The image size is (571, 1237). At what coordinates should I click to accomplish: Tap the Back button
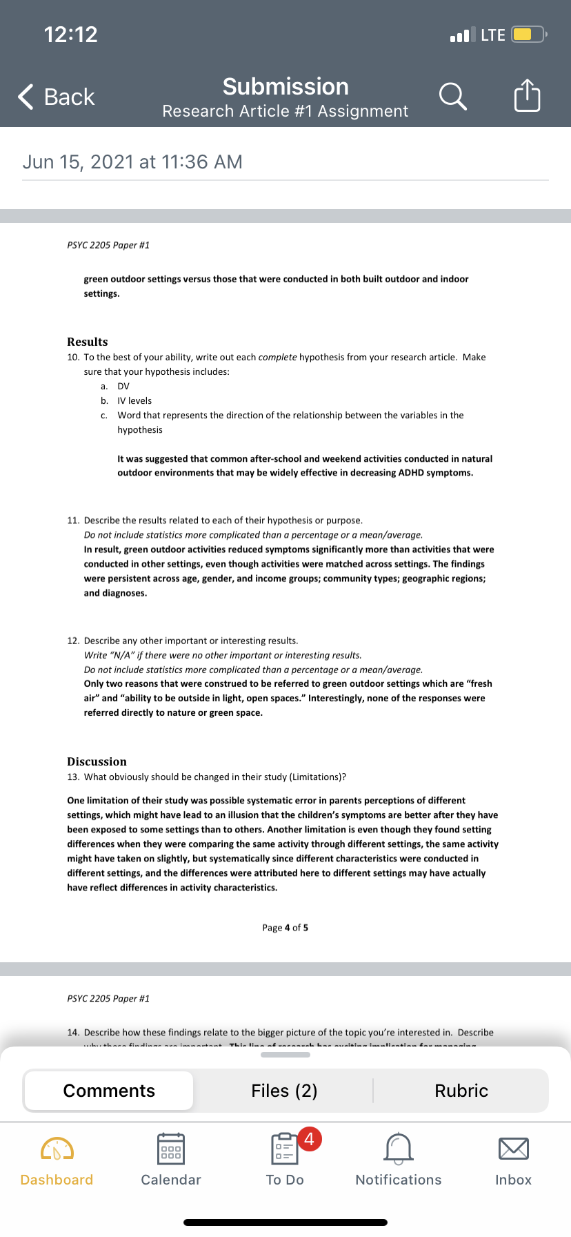[x=57, y=97]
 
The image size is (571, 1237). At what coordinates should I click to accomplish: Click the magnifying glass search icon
[x=452, y=96]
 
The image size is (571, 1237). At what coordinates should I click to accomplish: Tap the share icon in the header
[x=527, y=95]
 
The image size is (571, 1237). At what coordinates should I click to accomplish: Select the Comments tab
[x=109, y=1091]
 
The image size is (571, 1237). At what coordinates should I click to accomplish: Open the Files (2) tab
[x=284, y=1091]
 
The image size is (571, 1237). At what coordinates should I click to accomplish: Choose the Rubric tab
[x=461, y=1091]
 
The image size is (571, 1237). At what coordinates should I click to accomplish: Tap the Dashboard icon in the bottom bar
[x=57, y=1149]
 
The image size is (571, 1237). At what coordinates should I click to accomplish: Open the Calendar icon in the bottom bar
[x=171, y=1149]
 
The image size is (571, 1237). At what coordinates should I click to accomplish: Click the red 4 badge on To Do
[x=309, y=1138]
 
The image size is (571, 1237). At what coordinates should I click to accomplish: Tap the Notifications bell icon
[x=399, y=1149]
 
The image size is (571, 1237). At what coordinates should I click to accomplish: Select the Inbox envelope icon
[x=513, y=1149]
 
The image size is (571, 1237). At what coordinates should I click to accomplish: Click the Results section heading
[x=88, y=342]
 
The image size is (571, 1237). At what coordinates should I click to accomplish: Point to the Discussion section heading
[x=97, y=761]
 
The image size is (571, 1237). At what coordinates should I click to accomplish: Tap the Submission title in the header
[x=285, y=86]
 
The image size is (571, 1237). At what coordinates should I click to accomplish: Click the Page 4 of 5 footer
[x=285, y=928]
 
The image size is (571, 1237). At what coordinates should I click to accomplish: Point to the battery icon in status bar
[x=528, y=35]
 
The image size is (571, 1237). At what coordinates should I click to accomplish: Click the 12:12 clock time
[x=71, y=35]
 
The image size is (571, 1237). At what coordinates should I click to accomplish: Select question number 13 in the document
[x=73, y=777]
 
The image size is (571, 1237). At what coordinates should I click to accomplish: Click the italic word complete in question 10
[x=277, y=357]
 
